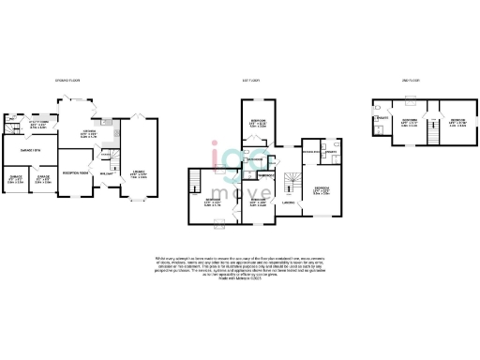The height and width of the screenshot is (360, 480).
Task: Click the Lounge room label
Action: pyautogui.click(x=136, y=174)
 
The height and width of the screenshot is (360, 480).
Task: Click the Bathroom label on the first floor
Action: pyautogui.click(x=254, y=159)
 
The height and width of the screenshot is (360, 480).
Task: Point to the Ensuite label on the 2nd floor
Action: pyautogui.click(x=383, y=117)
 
